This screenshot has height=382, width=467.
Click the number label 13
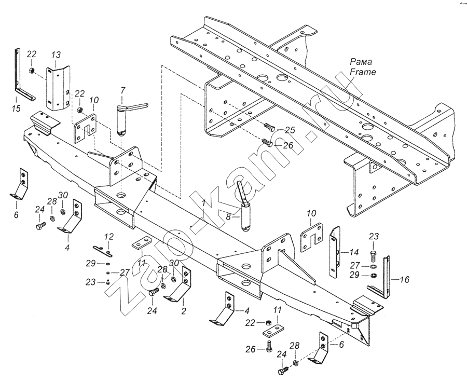pyautogui.click(x=56, y=55)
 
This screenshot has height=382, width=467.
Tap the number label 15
pyautogui.click(x=17, y=108)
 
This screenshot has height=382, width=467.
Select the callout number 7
pyautogui.click(x=123, y=90)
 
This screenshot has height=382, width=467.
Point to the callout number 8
pyautogui.click(x=228, y=217)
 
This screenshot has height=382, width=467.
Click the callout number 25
pyautogui.click(x=290, y=130)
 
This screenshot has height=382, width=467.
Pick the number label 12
pyautogui.click(x=109, y=237)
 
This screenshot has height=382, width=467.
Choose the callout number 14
pyautogui.click(x=354, y=253)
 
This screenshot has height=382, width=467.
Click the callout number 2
pyautogui.click(x=184, y=311)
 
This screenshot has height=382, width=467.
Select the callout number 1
pyautogui.click(x=203, y=204)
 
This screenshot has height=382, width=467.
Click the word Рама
pyautogui.click(x=361, y=62)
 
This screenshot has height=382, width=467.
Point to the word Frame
pyautogui.click(x=363, y=72)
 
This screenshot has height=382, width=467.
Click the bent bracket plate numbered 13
pyautogui.click(x=58, y=89)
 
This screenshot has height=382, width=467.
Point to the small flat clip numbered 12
pyautogui.click(x=102, y=250)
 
